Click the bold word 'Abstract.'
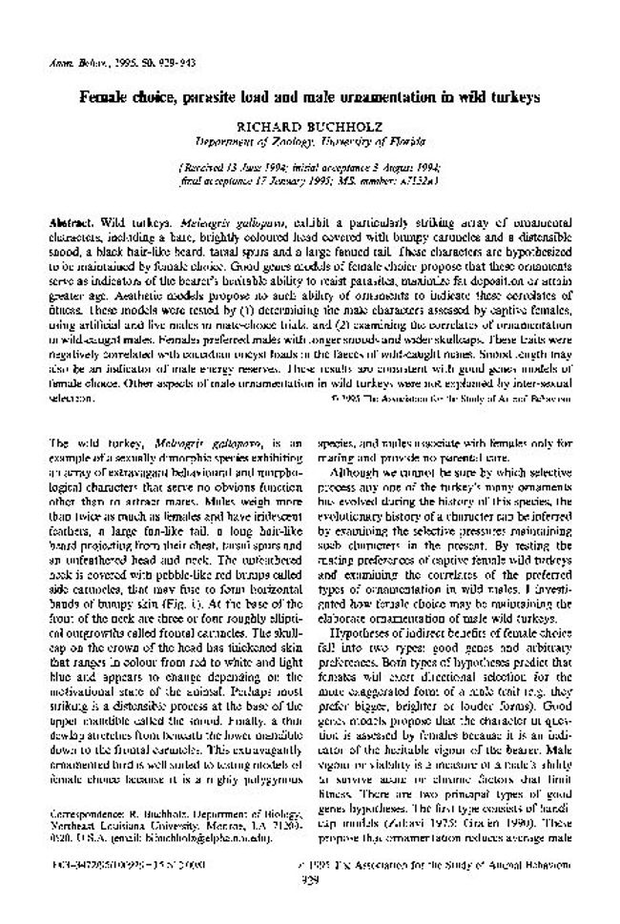click(72, 220)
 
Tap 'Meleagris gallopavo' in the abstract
click(195, 220)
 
